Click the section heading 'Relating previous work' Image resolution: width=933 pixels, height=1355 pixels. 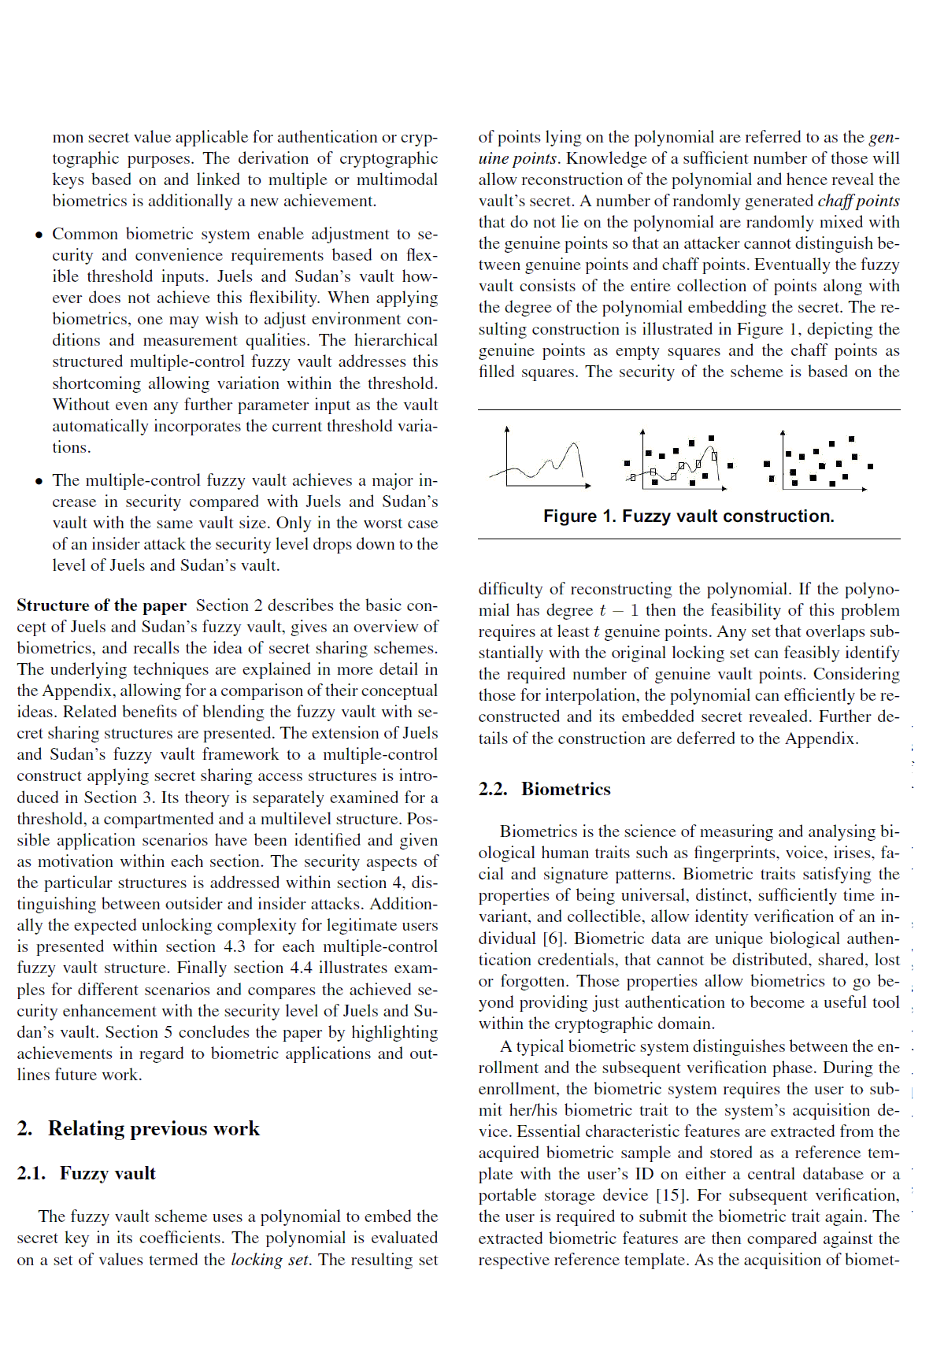pyautogui.click(x=154, y=1128)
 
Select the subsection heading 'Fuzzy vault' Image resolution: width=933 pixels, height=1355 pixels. pyautogui.click(x=107, y=1173)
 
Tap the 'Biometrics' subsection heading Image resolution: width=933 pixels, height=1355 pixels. pyautogui.click(x=565, y=789)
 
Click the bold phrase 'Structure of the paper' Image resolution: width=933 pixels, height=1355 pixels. pyautogui.click(x=102, y=605)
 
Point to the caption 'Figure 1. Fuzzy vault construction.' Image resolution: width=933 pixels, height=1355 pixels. pyautogui.click(x=688, y=516)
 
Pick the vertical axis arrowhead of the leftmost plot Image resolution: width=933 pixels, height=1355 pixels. pyautogui.click(x=507, y=430)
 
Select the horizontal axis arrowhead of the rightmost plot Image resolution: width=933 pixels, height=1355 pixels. pyautogui.click(x=865, y=489)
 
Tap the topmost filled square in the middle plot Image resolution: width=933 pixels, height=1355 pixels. pyautogui.click(x=711, y=438)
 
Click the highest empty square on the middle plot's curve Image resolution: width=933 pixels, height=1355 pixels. pyautogui.click(x=714, y=455)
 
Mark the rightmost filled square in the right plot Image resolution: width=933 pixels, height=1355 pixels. pyautogui.click(x=870, y=466)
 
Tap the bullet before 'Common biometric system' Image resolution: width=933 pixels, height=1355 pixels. pyautogui.click(x=39, y=235)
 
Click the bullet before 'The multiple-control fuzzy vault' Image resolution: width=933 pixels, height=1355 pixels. pyautogui.click(x=39, y=481)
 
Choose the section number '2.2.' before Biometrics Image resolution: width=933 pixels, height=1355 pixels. pyautogui.click(x=493, y=789)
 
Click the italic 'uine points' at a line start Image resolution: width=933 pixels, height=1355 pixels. pyautogui.click(x=518, y=158)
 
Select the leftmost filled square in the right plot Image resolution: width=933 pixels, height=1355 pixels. pyautogui.click(x=767, y=464)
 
